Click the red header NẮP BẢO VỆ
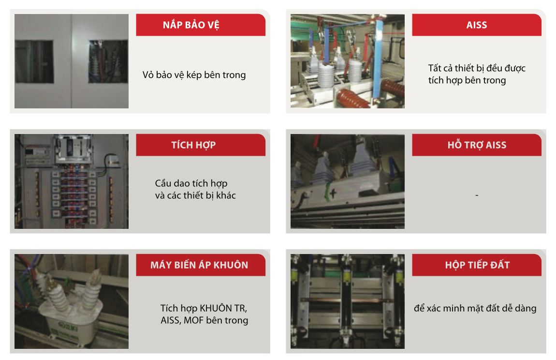pyautogui.click(x=200, y=25)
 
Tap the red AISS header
pyautogui.click(x=477, y=25)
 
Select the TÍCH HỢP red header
pyautogui.click(x=200, y=145)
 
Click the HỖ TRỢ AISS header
pyautogui.click(x=477, y=145)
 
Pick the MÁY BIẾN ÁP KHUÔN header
pyautogui.click(x=200, y=265)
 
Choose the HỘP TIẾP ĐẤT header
pyautogui.click(x=477, y=265)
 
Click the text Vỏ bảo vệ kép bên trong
pyautogui.click(x=194, y=75)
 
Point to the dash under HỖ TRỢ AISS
pyautogui.click(x=477, y=195)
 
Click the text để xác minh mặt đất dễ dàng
pyautogui.click(x=475, y=308)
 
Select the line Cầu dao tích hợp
pyautogui.click(x=191, y=183)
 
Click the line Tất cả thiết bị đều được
pyautogui.click(x=477, y=68)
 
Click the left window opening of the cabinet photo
pyautogui.click(x=34, y=61)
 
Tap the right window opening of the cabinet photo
pyautogui.click(x=108, y=61)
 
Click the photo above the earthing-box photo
pyautogui.click(x=348, y=181)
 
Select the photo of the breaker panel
pyautogui.click(x=71, y=181)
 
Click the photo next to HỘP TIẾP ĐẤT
pyautogui.click(x=348, y=301)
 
